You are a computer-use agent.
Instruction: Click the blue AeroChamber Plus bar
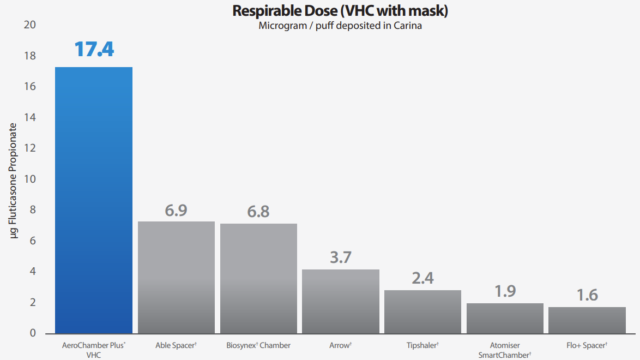click(93, 200)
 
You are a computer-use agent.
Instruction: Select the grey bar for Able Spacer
click(176, 277)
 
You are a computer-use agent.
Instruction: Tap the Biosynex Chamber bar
click(258, 278)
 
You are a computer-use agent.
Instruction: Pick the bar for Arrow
click(341, 301)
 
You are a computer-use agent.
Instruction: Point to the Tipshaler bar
click(422, 311)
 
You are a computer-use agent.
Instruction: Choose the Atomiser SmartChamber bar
click(505, 318)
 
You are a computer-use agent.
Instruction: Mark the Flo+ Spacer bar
click(587, 320)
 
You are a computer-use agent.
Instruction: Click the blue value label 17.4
click(94, 49)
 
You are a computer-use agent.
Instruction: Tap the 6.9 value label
click(176, 211)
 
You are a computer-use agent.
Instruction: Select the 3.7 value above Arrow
click(341, 257)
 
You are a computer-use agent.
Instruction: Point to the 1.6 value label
click(587, 295)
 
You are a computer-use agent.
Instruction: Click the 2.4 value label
click(422, 278)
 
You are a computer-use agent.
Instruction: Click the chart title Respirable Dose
click(341, 11)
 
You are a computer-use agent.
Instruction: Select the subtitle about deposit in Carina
click(341, 26)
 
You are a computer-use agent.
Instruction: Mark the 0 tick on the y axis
click(33, 333)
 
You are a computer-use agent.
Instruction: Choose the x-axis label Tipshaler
click(422, 345)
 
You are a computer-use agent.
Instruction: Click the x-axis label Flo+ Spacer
click(587, 345)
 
